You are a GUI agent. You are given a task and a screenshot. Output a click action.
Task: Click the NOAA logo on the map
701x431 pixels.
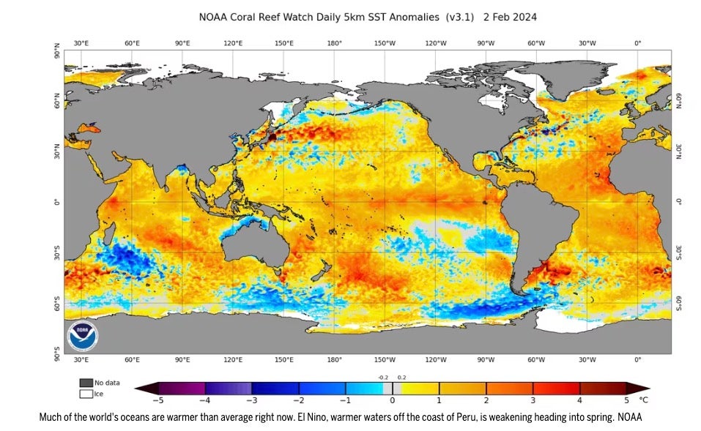[x=83, y=335]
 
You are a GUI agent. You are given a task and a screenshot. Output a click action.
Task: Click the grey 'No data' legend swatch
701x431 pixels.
[x=86, y=383]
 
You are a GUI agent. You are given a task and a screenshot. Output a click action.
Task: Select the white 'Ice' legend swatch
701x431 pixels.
[x=86, y=394]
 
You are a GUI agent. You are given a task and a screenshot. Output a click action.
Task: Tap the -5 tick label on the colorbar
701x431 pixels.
[x=156, y=400]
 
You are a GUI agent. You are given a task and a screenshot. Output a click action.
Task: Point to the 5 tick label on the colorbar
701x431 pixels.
[x=626, y=400]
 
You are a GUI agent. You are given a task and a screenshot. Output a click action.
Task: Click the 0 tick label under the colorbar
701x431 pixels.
[x=392, y=400]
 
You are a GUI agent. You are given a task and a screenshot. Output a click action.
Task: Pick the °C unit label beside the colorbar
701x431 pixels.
[x=644, y=400]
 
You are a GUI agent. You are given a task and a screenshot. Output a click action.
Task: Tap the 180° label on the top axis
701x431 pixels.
[x=335, y=43]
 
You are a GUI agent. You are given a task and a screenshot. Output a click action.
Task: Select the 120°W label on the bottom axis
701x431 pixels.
[x=436, y=360]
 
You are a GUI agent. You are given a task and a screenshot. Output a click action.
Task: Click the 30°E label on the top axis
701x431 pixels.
[x=81, y=43]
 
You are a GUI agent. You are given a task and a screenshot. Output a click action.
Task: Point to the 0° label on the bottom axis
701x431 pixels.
[x=637, y=360]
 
